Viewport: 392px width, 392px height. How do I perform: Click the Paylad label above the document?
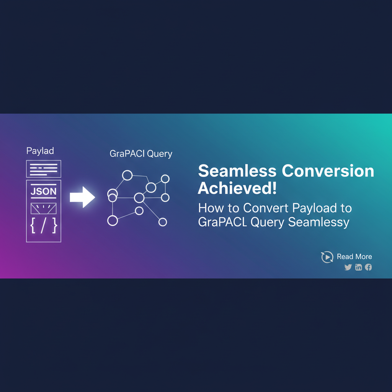(40, 151)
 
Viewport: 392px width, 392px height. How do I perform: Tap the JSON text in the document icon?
(44, 191)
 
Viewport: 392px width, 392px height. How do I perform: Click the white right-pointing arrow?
(82, 197)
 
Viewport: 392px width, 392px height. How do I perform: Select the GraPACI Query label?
(141, 154)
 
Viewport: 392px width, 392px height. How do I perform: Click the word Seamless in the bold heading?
(237, 171)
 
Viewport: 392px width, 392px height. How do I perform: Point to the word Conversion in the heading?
(328, 171)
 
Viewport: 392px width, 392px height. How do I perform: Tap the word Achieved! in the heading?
(237, 188)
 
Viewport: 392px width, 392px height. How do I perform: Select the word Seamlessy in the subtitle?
(319, 222)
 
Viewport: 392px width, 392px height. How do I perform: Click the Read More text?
(354, 256)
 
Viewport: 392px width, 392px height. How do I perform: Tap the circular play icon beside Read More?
(327, 257)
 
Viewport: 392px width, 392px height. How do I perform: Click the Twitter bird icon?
(348, 267)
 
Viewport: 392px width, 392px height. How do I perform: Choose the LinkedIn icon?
(358, 267)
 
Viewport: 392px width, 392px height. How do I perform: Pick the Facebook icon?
(368, 267)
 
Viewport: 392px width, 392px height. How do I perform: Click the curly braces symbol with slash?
(44, 225)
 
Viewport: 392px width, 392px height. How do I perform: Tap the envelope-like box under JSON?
(44, 209)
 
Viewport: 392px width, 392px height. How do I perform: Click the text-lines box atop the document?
(44, 169)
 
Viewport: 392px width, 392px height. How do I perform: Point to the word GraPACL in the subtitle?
(223, 222)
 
